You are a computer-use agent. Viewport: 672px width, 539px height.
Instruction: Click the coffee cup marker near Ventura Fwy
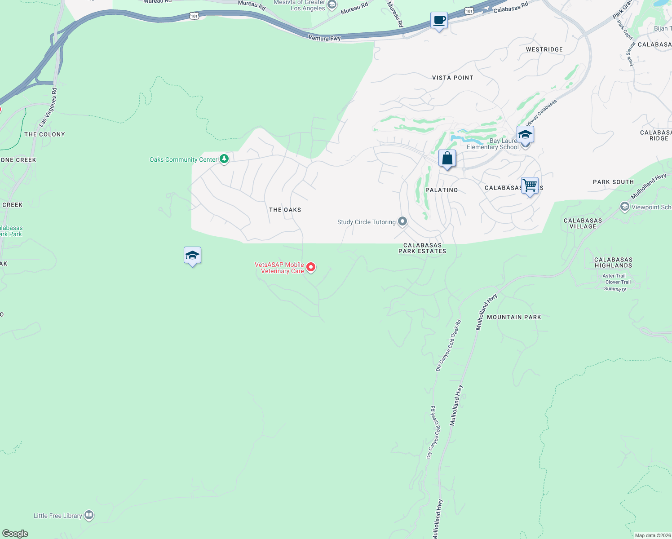tap(439, 21)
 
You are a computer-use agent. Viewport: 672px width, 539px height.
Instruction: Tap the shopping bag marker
tap(447, 159)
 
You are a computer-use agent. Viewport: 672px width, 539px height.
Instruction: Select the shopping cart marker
tap(530, 186)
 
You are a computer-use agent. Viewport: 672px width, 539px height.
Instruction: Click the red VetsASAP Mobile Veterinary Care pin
tap(310, 267)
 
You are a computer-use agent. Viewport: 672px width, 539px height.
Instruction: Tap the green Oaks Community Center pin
tap(224, 159)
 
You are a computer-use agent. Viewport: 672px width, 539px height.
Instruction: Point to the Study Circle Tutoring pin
tap(402, 221)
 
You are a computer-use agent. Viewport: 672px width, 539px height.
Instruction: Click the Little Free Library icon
tap(89, 515)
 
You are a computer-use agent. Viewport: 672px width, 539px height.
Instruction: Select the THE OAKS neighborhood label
tap(285, 210)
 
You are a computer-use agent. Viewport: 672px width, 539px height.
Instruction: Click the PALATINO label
tap(442, 190)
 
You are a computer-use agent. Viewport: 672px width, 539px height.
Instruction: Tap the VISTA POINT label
tap(452, 78)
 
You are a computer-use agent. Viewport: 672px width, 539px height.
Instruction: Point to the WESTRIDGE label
tap(544, 49)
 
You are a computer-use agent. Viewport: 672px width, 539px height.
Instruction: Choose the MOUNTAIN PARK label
tap(514, 317)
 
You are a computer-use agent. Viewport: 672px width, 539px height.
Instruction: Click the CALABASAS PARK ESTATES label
tap(422, 248)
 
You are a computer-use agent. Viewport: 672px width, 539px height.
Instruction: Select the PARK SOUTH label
tap(613, 182)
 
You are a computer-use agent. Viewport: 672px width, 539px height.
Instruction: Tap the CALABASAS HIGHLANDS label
tap(613, 263)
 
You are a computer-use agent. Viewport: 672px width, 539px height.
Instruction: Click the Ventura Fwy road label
tap(324, 38)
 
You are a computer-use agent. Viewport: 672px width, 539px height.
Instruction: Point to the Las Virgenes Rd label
tap(48, 107)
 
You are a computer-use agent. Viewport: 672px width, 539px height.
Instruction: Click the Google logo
tap(15, 534)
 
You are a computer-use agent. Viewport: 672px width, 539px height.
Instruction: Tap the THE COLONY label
tap(44, 134)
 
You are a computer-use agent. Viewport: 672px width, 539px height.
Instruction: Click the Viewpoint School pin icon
tap(624, 207)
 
